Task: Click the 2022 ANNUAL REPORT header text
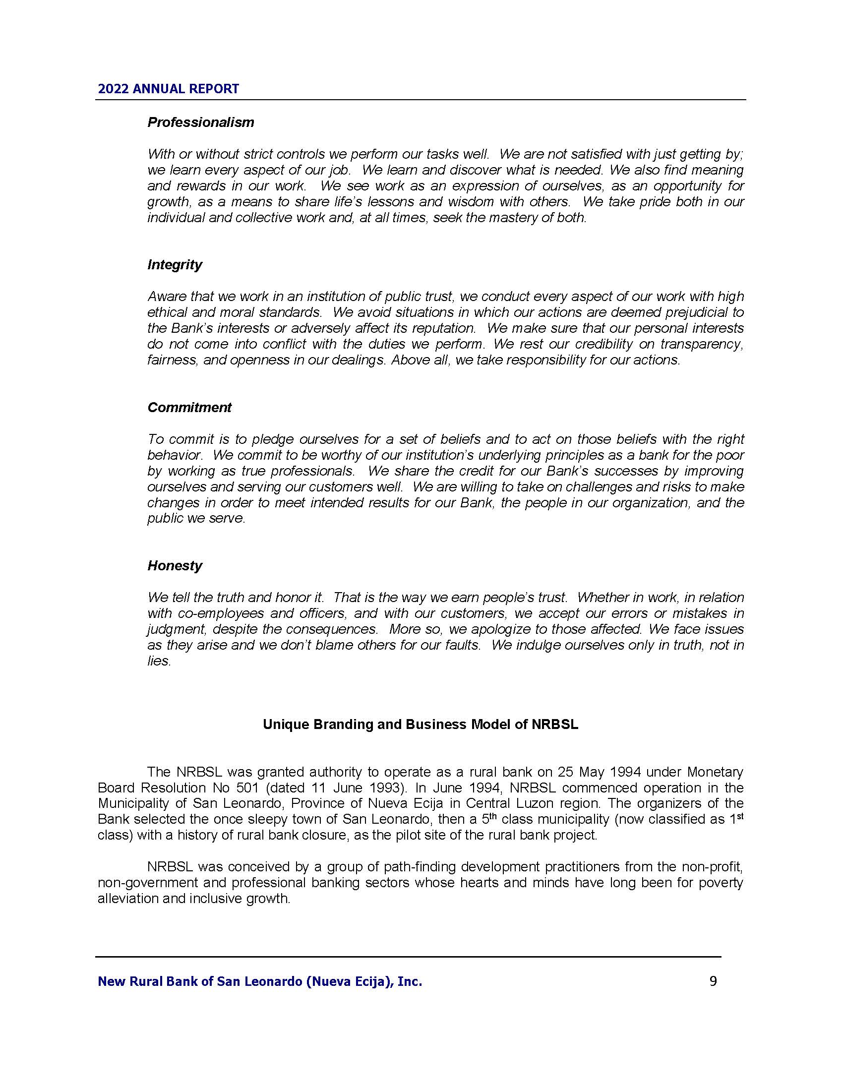tap(168, 89)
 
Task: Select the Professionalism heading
tap(200, 122)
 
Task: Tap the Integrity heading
tap(174, 265)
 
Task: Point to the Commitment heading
tap(189, 408)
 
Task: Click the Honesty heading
tap(174, 565)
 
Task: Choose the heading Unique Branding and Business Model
tap(421, 725)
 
